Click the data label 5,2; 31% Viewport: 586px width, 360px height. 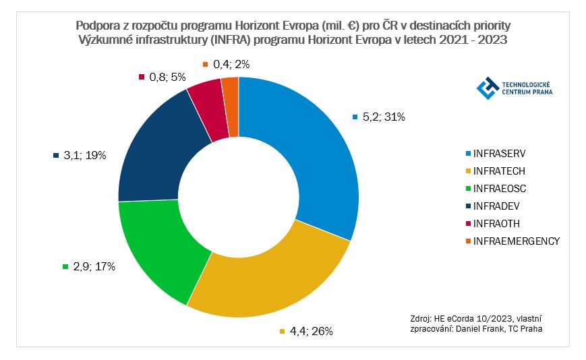click(x=382, y=117)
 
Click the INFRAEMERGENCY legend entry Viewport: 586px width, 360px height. click(x=517, y=241)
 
